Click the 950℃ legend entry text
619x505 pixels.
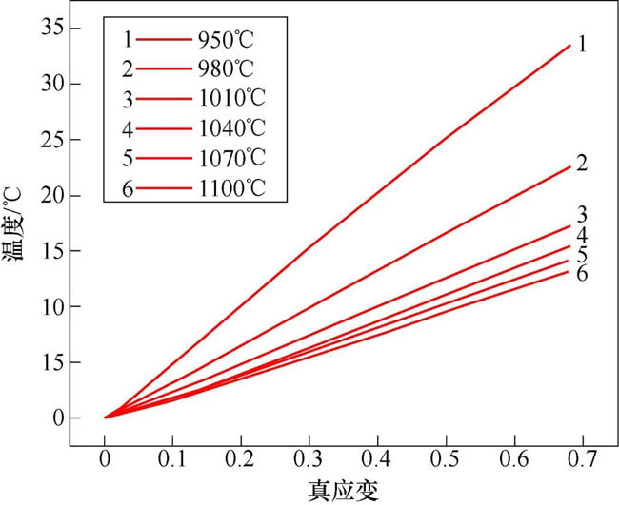click(x=228, y=41)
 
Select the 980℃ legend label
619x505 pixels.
click(x=228, y=70)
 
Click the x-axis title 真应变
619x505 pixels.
click(x=342, y=491)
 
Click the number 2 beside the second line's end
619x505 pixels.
click(x=582, y=163)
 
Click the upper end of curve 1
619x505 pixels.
click(x=569, y=45)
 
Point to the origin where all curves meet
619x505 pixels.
click(x=105, y=418)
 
